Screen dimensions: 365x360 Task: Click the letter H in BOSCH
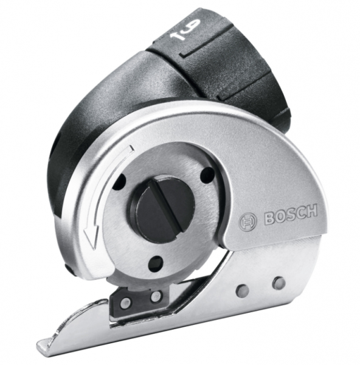coord(312,212)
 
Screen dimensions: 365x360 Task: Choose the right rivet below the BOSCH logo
coord(279,282)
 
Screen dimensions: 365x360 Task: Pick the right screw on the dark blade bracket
coord(156,296)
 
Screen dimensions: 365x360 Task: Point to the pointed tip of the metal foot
coord(43,348)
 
